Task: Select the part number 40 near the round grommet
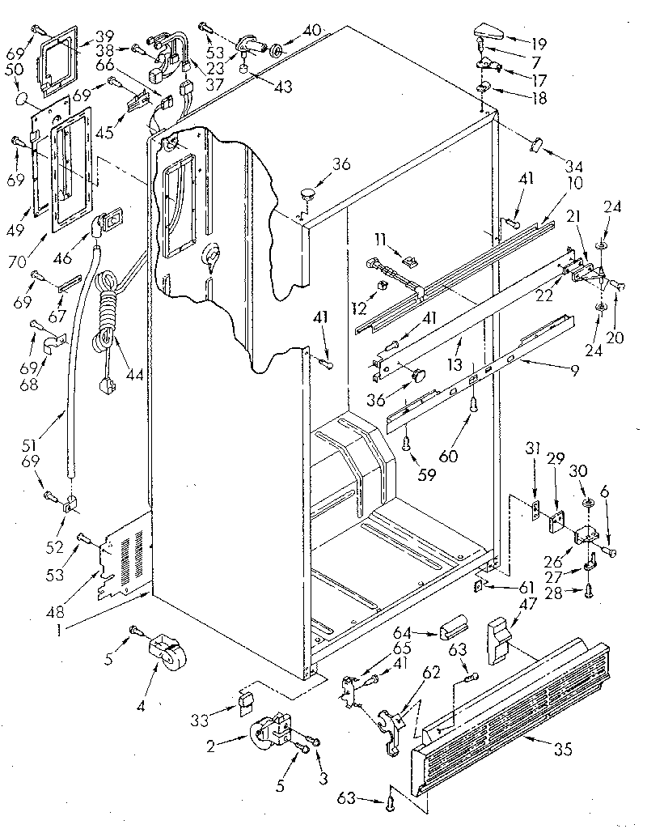tap(311, 30)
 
